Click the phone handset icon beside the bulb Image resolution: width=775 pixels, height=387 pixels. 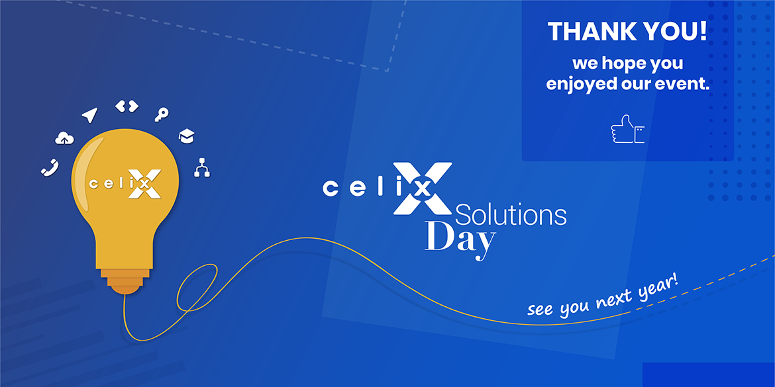(50, 167)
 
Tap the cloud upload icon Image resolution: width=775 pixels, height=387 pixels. (64, 138)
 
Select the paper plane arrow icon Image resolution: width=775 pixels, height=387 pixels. (89, 115)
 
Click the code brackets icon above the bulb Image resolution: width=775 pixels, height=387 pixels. (127, 106)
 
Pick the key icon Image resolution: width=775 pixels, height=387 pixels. (161, 114)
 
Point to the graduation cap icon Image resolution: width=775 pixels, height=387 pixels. (186, 136)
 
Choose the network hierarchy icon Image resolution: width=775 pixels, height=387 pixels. (201, 167)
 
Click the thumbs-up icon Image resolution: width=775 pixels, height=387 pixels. (627, 129)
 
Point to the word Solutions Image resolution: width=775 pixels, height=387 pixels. (511, 215)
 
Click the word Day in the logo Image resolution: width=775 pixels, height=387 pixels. (460, 240)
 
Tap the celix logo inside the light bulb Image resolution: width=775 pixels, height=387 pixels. (125, 184)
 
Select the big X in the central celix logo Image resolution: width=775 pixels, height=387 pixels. (423, 188)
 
